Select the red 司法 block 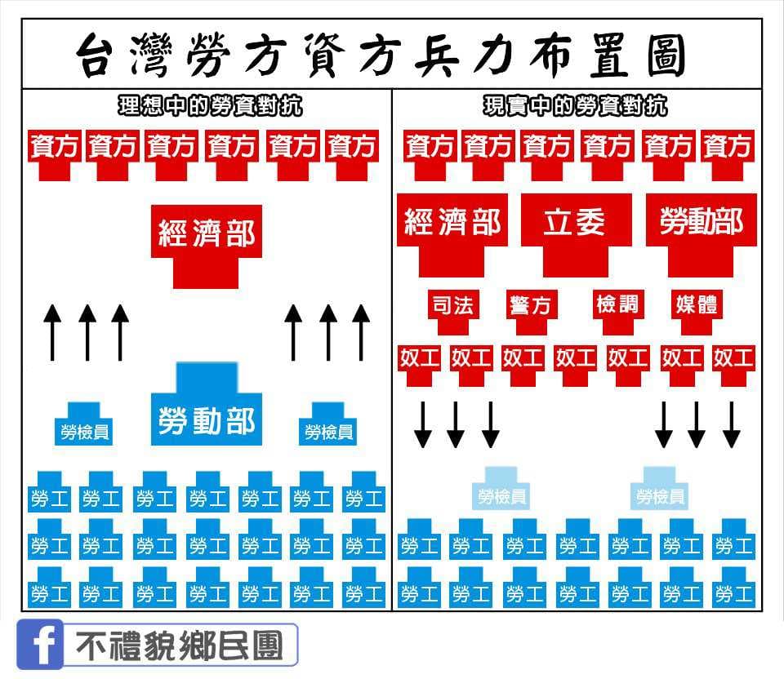[453, 311]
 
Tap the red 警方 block [531, 311]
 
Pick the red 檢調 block [618, 311]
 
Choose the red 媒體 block [697, 311]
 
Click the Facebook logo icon [40, 645]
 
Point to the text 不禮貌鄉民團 [180, 646]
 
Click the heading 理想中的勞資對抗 [211, 106]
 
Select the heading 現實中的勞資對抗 [576, 106]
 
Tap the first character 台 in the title [99, 55]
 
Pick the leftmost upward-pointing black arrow [52, 332]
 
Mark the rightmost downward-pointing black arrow [732, 424]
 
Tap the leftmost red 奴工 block [419, 365]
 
